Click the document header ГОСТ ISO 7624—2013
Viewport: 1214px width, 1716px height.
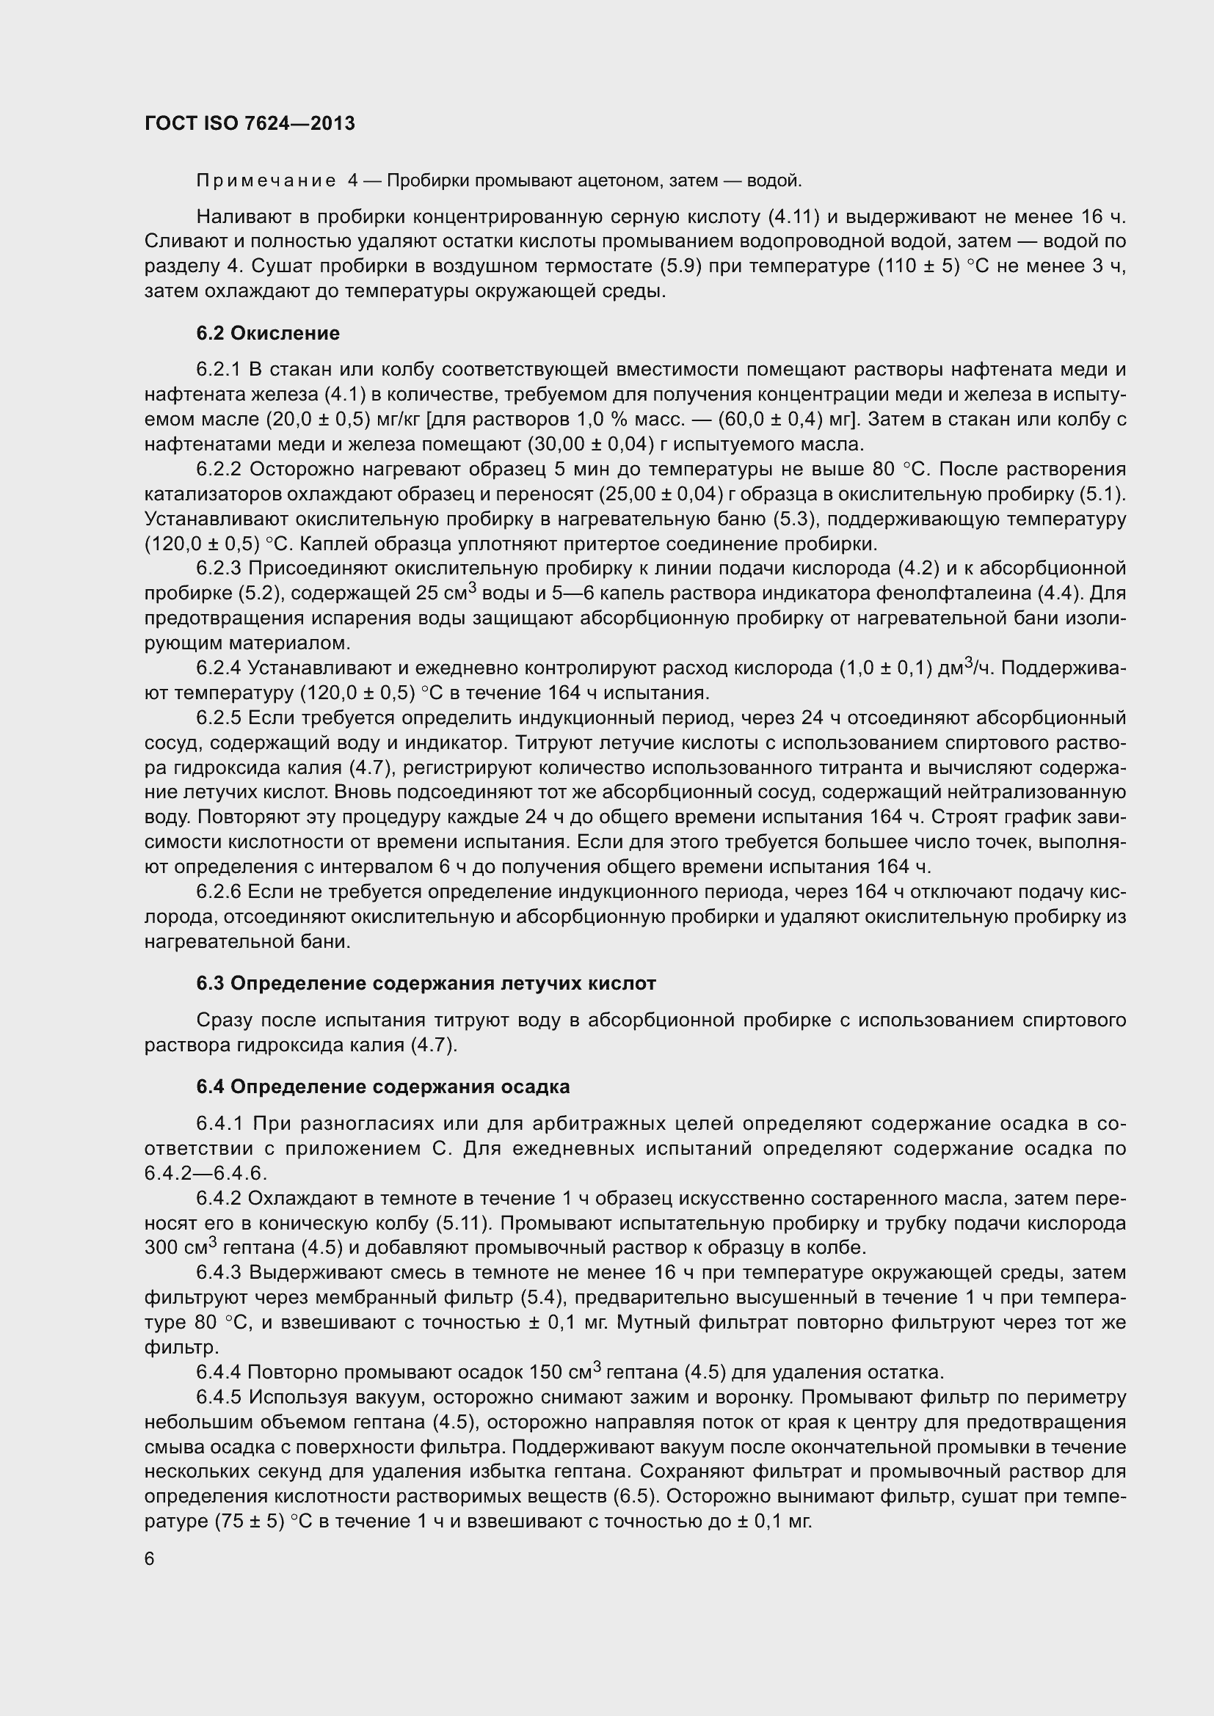(250, 123)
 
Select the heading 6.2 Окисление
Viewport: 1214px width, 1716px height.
(268, 333)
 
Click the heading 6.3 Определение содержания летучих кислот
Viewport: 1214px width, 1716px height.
(426, 984)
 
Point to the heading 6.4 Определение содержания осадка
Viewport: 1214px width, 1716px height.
(382, 1087)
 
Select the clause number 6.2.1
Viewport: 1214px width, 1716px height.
(219, 370)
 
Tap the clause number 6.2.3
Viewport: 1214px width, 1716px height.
(219, 569)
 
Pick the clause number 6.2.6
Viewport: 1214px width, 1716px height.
(219, 891)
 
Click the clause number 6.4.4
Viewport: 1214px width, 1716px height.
(219, 1372)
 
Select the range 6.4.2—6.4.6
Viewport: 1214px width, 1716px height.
(206, 1173)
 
